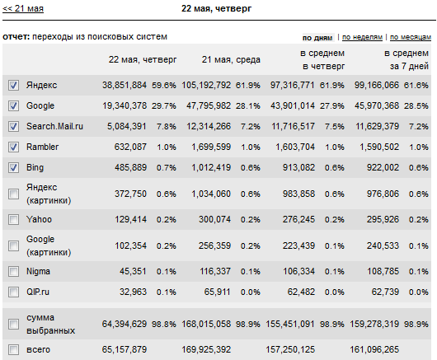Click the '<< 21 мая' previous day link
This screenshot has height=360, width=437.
point(23,8)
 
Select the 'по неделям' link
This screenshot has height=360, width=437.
point(362,37)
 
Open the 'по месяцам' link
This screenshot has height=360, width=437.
point(411,37)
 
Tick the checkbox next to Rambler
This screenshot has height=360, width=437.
point(13,147)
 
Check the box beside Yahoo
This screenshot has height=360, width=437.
point(13,219)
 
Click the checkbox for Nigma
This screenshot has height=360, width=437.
point(13,272)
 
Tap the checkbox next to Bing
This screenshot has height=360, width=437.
point(13,167)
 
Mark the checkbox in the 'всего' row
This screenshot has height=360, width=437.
point(13,349)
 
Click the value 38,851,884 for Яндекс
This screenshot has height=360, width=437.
point(125,85)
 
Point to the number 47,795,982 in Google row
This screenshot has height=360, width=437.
point(209,105)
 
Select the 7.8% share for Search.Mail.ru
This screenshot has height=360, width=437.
point(166,127)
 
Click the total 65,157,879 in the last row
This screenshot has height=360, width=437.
point(125,349)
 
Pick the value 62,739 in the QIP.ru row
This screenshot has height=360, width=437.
point(385,292)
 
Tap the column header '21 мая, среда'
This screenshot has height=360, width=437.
point(231,59)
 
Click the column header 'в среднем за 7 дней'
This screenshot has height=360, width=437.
point(406,59)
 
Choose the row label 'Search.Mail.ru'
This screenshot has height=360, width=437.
point(54,126)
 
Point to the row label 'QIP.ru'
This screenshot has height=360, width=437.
point(38,292)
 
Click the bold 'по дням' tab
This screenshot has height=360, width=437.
point(317,38)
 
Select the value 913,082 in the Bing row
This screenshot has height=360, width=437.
point(298,167)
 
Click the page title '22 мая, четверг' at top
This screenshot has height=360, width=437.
point(216,8)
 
